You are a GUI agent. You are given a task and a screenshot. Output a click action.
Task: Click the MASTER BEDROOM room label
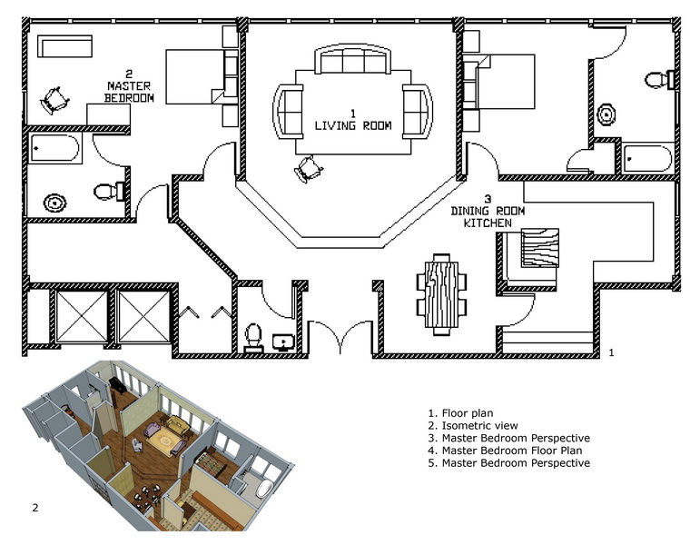[x=129, y=86]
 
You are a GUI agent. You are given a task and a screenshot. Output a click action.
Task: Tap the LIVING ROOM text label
[x=353, y=121]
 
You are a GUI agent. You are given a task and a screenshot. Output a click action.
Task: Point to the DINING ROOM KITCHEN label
[x=488, y=212]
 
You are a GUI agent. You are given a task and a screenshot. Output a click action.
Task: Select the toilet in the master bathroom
[x=108, y=192]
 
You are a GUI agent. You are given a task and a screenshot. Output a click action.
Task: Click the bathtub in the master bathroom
[x=54, y=148]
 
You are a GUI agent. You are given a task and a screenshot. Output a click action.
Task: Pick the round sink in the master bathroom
[x=54, y=203]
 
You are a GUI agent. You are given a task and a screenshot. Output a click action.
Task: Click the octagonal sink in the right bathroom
[x=606, y=115]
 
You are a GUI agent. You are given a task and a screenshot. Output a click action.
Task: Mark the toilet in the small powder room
[x=253, y=337]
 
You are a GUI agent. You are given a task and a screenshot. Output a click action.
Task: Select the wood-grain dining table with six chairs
[x=442, y=294]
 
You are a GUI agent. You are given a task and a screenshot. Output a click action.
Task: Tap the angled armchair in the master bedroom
[x=54, y=101]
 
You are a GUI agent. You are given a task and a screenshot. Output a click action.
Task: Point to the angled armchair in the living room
[x=308, y=168]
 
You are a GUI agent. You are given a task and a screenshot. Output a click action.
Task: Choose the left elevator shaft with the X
[x=82, y=317]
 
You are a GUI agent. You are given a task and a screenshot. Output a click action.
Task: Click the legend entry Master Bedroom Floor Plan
[x=505, y=451]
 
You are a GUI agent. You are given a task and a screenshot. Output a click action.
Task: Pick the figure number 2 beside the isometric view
[x=35, y=508]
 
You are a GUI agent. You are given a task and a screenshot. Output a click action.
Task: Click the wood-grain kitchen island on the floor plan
[x=539, y=248]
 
